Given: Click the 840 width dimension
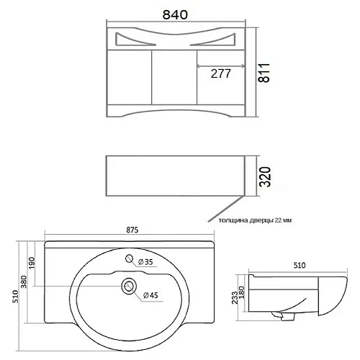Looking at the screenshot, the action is tap(175, 14).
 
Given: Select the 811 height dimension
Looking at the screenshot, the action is tap(264, 73).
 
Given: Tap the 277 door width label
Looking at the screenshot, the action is tap(220, 73).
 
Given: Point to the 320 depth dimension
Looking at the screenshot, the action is tap(266, 177).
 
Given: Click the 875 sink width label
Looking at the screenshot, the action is tap(132, 230).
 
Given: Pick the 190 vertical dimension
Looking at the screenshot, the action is tap(32, 263).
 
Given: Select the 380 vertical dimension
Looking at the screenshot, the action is tap(24, 282).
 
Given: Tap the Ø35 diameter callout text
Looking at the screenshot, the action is tap(145, 262).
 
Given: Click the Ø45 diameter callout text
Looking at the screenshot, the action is tap(150, 295).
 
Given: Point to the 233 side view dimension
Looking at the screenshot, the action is tap(235, 297).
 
